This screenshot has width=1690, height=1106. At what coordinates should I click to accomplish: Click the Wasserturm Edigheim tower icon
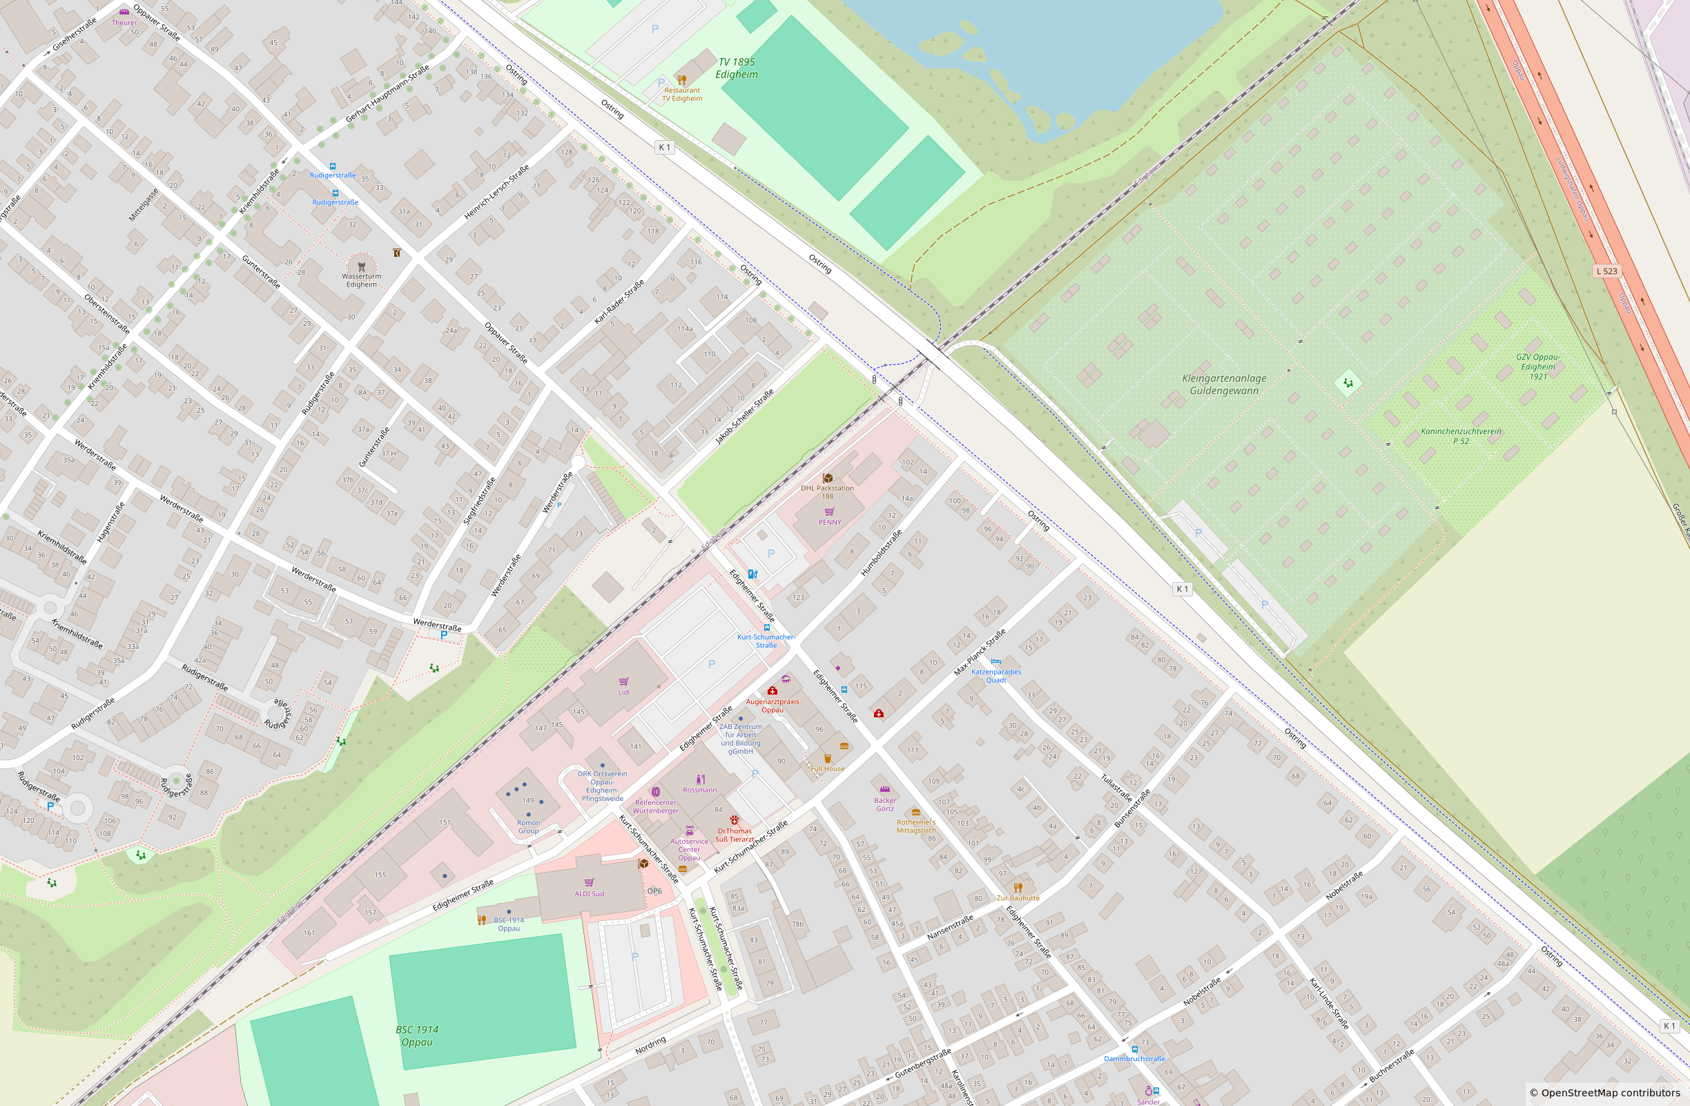362,267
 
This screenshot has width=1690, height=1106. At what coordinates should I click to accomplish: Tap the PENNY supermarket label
829,523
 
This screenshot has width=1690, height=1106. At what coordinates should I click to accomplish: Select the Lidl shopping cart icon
623,681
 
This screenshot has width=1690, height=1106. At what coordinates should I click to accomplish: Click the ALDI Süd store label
590,894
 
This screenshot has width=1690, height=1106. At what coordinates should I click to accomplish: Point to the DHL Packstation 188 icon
827,478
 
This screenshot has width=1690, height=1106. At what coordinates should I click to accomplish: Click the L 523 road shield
1607,271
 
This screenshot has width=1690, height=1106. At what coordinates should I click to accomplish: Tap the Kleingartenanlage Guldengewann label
1223,385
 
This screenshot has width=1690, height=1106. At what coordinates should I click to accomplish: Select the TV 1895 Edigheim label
737,68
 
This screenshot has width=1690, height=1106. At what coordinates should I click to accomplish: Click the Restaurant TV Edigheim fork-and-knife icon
681,79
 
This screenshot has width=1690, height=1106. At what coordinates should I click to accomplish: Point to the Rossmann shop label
699,790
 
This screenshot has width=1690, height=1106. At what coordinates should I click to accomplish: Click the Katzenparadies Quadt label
995,676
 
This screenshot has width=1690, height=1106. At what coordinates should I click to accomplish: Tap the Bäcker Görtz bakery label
885,804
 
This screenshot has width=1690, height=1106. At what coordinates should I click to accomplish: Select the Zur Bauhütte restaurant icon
1018,887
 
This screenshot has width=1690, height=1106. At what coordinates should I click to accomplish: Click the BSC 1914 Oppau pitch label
417,1036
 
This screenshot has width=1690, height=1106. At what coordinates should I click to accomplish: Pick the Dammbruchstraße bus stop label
1134,1058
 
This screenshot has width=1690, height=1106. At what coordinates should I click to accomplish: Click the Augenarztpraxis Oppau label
772,706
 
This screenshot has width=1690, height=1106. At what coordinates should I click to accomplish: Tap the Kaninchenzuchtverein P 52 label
1461,436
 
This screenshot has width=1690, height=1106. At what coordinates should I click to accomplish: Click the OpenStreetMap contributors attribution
1605,1092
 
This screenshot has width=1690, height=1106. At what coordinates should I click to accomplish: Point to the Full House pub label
827,769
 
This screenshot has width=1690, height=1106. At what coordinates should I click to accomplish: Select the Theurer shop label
124,23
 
